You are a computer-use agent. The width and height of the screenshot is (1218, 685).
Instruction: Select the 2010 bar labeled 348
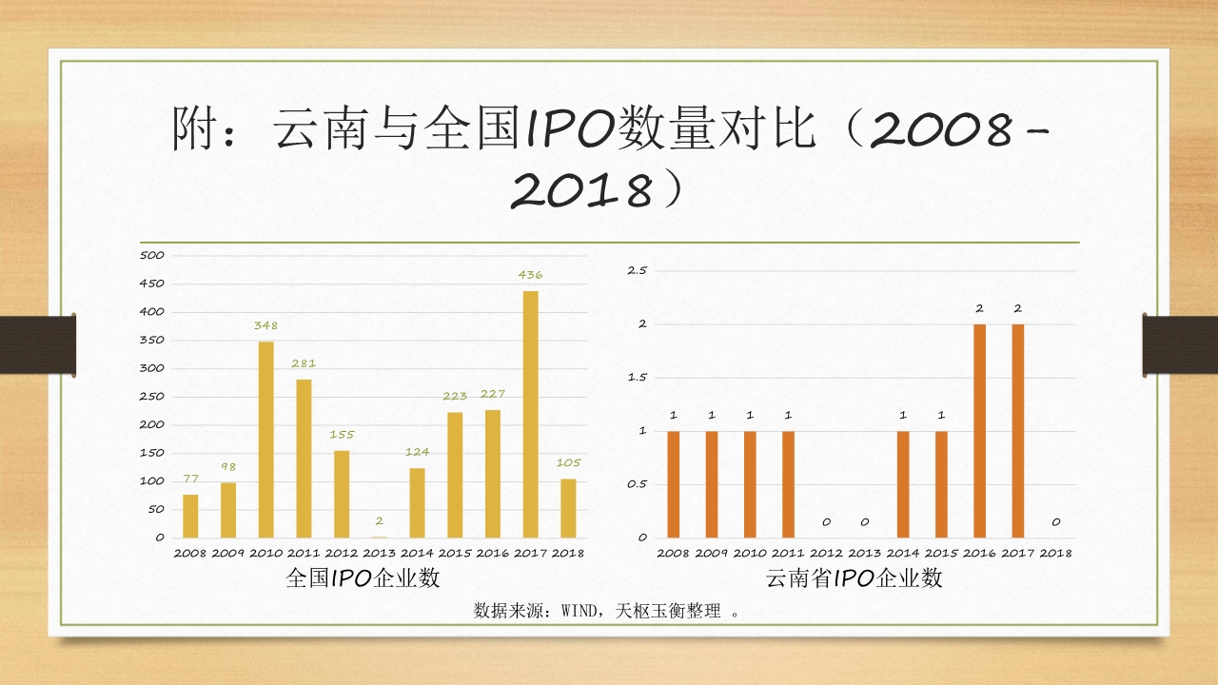click(x=265, y=439)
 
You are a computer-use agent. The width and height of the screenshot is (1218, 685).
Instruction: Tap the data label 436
click(x=530, y=275)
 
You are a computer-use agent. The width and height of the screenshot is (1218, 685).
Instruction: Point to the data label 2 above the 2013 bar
click(x=379, y=521)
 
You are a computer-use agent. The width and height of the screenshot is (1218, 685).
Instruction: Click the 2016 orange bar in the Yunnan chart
click(x=979, y=430)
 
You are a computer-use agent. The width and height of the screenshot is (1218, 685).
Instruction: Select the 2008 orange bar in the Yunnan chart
click(x=673, y=483)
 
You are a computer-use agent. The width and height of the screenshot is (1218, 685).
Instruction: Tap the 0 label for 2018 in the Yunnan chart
click(x=1055, y=521)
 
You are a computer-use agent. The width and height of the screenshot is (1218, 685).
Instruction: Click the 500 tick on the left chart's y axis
click(x=152, y=255)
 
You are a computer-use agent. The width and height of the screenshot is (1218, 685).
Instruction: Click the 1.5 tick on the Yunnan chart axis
click(x=637, y=377)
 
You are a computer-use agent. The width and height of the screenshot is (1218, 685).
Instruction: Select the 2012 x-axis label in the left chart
click(x=341, y=553)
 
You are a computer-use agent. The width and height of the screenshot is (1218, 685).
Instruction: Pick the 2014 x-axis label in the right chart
click(x=902, y=553)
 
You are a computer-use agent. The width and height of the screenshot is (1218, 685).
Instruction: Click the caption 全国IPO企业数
click(x=363, y=577)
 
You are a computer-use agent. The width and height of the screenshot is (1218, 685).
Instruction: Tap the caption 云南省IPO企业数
click(x=854, y=577)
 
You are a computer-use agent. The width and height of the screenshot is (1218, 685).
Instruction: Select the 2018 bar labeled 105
click(x=568, y=508)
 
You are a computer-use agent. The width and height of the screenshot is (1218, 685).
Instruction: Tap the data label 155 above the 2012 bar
click(x=342, y=435)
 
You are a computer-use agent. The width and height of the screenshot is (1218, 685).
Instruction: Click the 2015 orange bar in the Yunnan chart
click(x=941, y=483)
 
